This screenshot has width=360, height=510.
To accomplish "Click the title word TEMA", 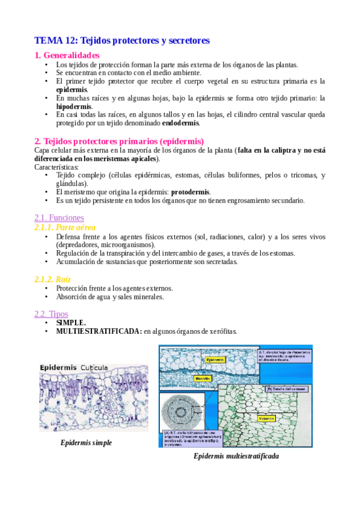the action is tap(47, 41).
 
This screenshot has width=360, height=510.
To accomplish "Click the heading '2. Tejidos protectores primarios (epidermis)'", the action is tap(120, 141).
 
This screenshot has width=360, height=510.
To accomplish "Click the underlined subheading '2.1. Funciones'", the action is tap(59, 217).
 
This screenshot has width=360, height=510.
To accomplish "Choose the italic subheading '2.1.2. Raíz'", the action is tap(53, 279).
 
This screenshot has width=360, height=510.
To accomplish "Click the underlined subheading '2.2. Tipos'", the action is tap(52, 313).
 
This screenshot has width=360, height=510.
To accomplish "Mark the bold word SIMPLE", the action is tap(71, 323).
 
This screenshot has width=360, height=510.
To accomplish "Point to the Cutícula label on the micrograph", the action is tap(94, 367).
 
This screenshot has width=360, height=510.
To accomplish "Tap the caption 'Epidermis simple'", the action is tap(86, 443).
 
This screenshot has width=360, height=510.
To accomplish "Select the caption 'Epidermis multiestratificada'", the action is tap(236, 456).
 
